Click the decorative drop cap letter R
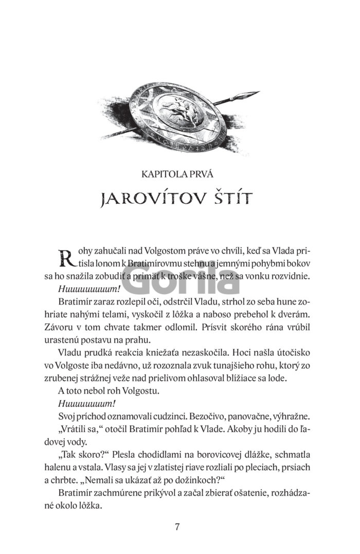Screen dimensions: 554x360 (66, 257)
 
